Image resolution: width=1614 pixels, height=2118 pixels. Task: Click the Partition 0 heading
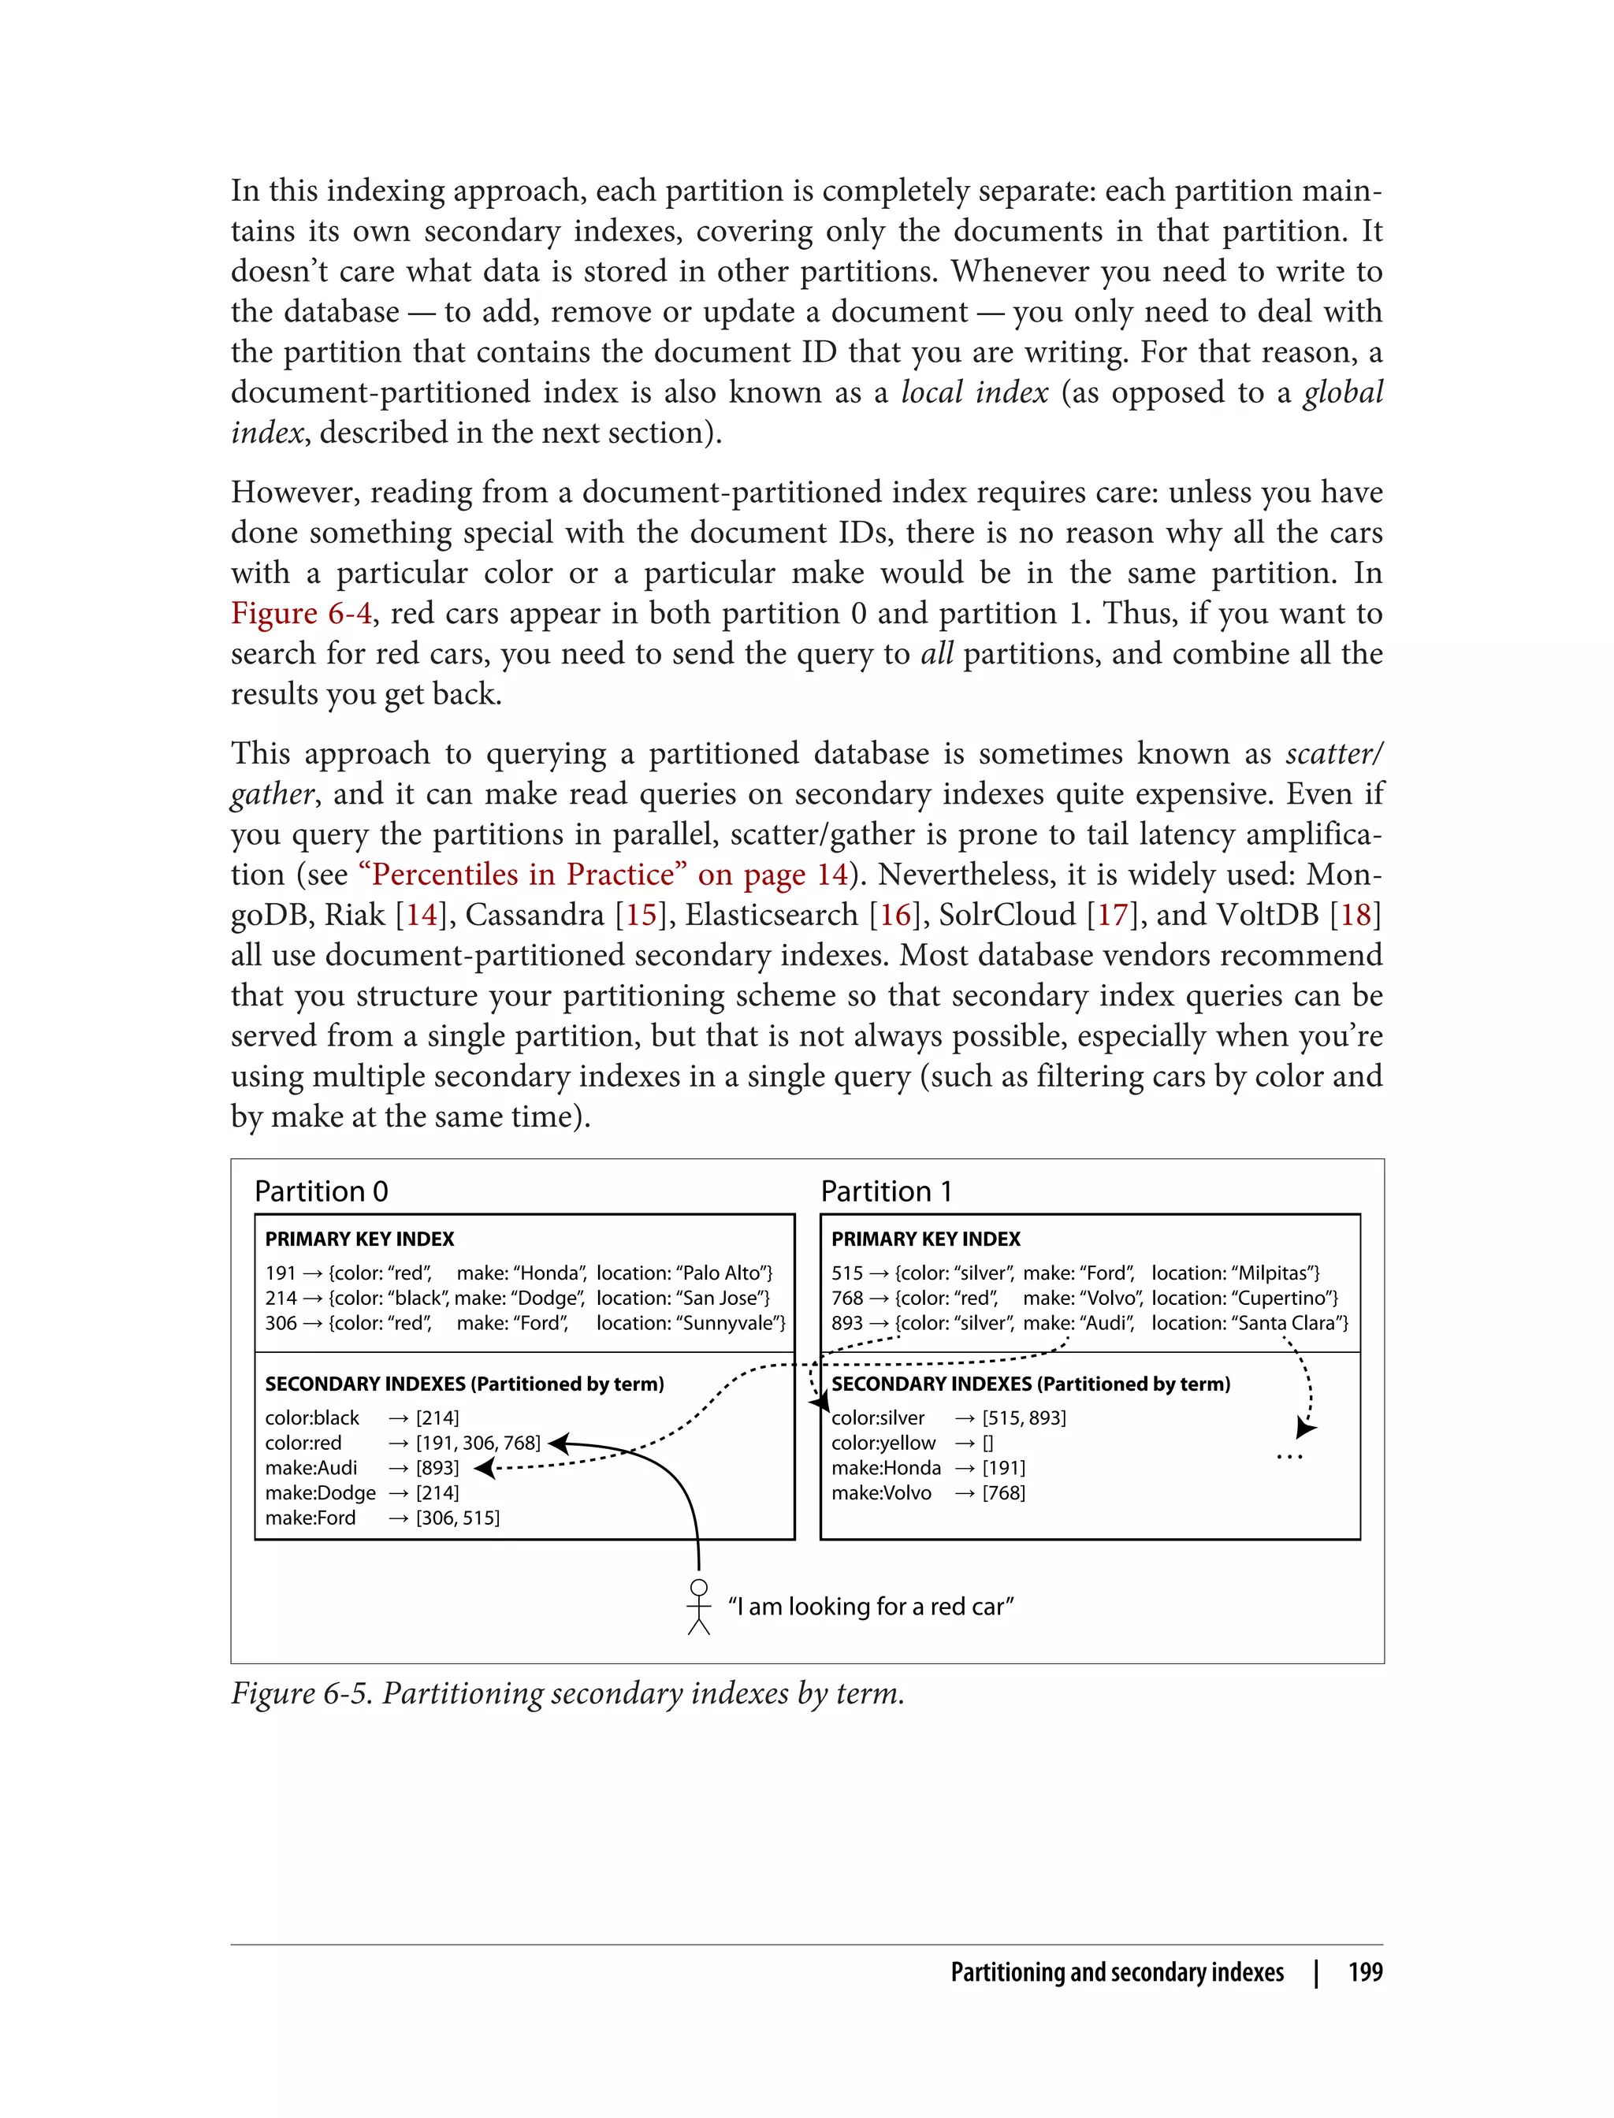click(321, 1191)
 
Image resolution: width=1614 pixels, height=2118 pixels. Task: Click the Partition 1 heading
click(886, 1191)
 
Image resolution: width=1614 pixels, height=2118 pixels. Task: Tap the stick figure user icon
click(698, 1606)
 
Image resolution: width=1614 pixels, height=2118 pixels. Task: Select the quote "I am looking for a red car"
click(870, 1606)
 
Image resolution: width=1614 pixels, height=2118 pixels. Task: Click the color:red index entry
click(303, 1443)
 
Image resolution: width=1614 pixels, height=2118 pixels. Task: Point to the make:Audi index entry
click(311, 1468)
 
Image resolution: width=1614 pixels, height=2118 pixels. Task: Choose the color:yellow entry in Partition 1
click(883, 1443)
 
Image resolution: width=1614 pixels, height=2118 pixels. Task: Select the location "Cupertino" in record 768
click(1286, 1298)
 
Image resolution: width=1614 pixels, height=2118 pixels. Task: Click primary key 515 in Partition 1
click(846, 1273)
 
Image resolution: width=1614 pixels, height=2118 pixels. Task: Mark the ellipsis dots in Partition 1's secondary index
click(1289, 1457)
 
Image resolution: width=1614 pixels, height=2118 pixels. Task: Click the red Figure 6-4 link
click(301, 613)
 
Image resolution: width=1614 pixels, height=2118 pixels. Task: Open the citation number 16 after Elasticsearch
click(894, 915)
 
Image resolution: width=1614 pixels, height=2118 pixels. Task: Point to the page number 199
click(1364, 1972)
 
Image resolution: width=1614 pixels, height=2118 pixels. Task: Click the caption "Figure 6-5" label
click(301, 1693)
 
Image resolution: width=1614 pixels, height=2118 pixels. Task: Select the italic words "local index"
click(974, 392)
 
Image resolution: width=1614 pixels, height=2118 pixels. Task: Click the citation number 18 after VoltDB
click(1355, 915)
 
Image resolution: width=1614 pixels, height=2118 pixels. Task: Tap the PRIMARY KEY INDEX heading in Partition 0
click(359, 1239)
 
